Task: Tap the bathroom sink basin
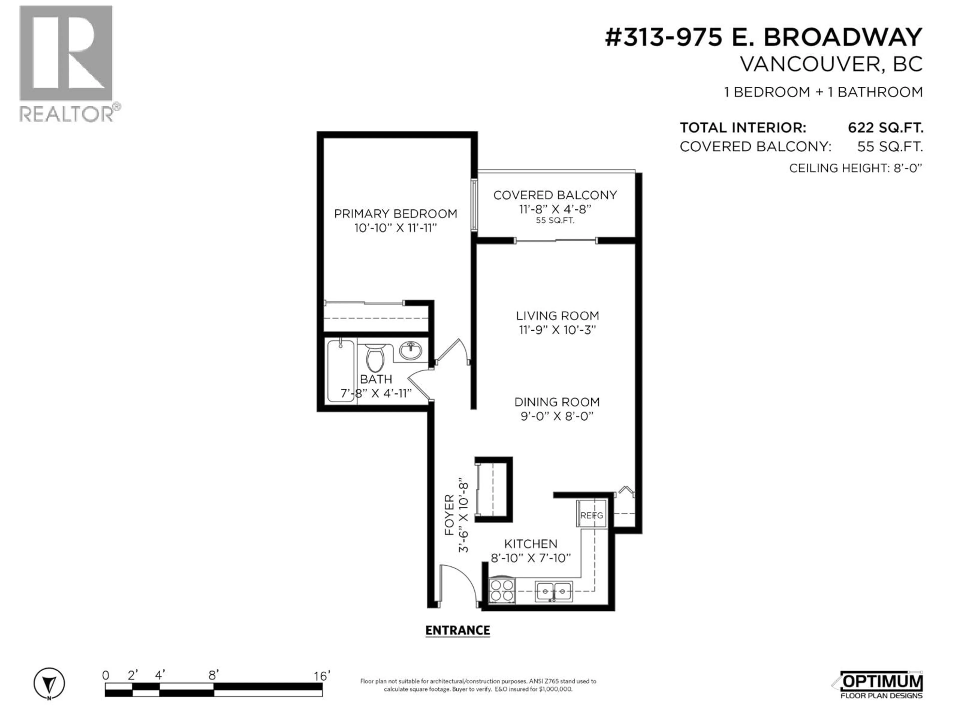[x=410, y=350]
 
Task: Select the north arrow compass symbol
[x=49, y=684]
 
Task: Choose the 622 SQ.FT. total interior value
[x=885, y=128]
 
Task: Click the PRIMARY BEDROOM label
[x=395, y=214]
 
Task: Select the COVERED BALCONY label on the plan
[x=555, y=195]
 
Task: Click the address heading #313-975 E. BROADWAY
[x=763, y=37]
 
